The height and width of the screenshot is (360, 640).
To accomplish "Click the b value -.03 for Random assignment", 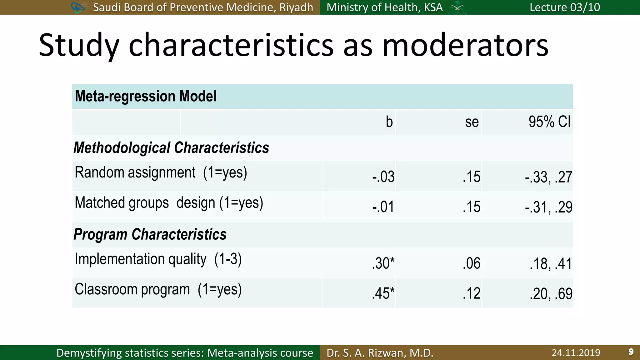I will [383, 177].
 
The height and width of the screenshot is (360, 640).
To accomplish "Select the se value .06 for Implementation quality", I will [471, 263].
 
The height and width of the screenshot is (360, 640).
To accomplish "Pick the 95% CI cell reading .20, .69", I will [551, 294].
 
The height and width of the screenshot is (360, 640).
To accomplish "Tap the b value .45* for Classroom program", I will [383, 294].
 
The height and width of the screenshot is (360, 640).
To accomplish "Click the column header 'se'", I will [472, 122].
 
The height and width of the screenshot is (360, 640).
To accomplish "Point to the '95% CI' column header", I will [549, 122].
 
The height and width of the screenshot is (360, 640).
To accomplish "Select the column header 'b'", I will [389, 122].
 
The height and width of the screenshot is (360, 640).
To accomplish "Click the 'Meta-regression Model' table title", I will [146, 96].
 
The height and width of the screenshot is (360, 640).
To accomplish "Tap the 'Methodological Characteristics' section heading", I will [171, 148].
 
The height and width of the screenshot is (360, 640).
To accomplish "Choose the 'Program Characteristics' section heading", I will [150, 234].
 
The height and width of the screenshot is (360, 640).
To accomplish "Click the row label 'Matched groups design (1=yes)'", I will [169, 203].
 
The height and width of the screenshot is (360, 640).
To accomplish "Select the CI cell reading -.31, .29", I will [548, 207].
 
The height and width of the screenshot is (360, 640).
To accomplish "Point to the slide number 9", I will [631, 352].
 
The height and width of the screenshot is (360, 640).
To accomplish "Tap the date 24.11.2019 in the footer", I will [576, 353].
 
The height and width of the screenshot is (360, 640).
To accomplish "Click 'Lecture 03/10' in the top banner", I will [565, 7].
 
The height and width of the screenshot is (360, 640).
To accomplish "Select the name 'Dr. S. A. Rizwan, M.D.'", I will [380, 353].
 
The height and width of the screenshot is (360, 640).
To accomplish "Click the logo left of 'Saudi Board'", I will [78, 7].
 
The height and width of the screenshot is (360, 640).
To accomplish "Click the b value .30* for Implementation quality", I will [383, 263].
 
